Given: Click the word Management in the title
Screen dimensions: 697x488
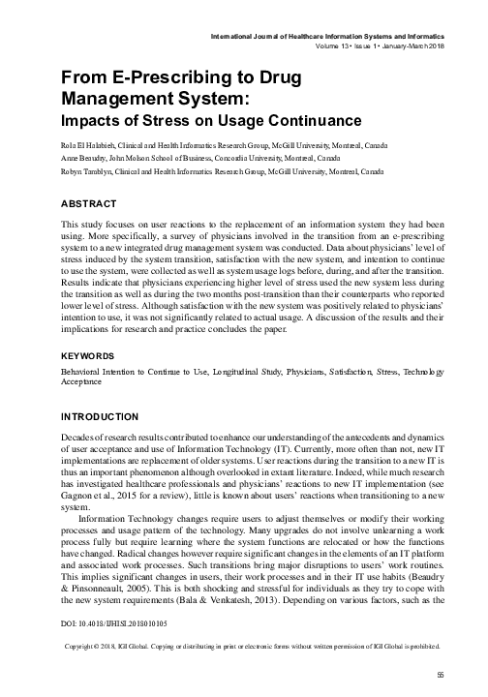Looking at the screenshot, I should point(105,99).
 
